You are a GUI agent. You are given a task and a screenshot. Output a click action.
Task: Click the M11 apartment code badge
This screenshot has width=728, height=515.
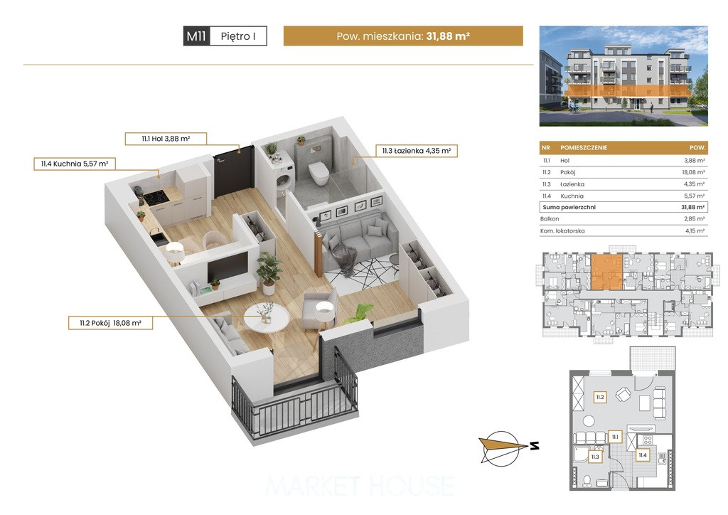pos(197,36)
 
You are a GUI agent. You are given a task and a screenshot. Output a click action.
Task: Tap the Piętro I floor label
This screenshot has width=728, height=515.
pos(238,36)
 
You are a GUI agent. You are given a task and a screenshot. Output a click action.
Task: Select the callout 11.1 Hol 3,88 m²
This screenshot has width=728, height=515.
pos(166,139)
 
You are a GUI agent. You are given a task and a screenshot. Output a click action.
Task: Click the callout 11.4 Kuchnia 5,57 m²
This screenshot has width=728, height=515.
pos(74,164)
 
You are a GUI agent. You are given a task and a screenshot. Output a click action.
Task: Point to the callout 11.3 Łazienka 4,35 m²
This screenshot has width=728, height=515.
pos(417,151)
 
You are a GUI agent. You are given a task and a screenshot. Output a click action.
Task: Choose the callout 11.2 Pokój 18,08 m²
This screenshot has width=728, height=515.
pos(110,323)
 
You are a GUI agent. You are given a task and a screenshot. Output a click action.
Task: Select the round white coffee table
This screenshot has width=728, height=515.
pos(267,318)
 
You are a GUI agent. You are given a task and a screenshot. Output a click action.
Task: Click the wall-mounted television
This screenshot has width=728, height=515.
pos(227,267)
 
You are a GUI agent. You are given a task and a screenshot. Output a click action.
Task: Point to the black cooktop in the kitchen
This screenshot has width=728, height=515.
pos(156,198)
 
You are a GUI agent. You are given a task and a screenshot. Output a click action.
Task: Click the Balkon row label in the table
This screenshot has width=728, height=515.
pos(550,218)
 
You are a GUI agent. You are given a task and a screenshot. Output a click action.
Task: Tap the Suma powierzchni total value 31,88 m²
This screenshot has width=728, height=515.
pos(692,207)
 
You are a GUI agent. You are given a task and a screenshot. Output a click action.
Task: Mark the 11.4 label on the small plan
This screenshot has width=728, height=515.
pos(643,455)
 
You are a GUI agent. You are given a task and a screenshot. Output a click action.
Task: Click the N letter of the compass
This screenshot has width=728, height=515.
pos(535,446)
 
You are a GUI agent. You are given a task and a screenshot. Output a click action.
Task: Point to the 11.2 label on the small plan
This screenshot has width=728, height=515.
pos(600,398)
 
